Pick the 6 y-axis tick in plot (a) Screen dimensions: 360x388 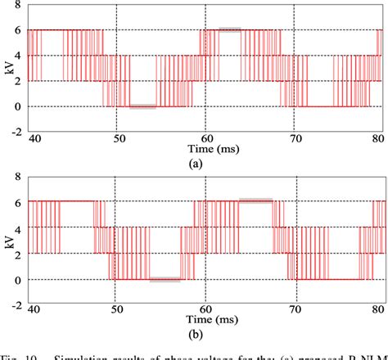tap(19, 30)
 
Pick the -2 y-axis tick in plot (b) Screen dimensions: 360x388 tap(16, 304)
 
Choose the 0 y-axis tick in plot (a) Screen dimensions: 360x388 tap(19, 106)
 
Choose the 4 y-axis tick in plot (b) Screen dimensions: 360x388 tap(19, 227)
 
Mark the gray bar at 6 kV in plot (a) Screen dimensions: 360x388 tap(229, 29)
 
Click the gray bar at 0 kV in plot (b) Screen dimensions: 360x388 tap(164, 280)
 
